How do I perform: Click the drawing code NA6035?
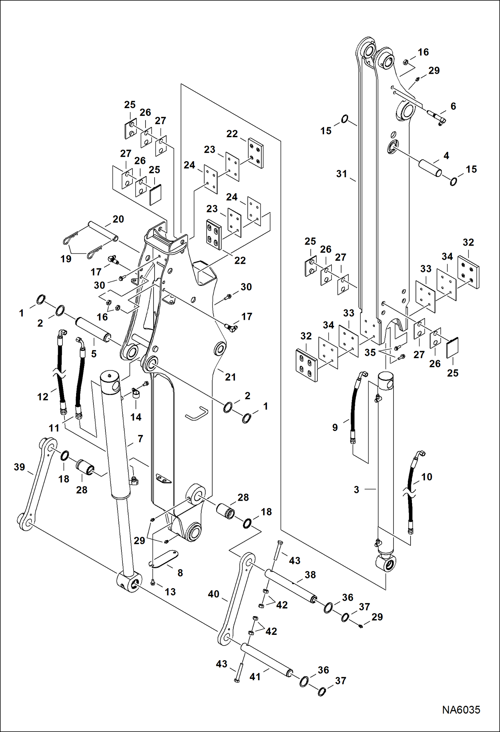(x=461, y=709)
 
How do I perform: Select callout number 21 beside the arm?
(x=230, y=377)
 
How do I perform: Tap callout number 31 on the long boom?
(x=341, y=174)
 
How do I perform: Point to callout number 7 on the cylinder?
(x=140, y=439)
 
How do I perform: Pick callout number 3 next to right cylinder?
(x=356, y=489)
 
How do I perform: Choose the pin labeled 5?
(x=92, y=330)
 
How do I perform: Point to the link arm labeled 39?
(x=37, y=484)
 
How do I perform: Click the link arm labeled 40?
(x=235, y=597)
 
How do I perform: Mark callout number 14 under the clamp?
(x=136, y=417)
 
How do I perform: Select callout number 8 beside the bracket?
(x=180, y=573)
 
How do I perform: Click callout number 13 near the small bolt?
(x=170, y=592)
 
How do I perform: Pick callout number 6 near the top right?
(x=453, y=106)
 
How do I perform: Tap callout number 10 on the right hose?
(x=427, y=477)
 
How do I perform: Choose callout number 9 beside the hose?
(x=335, y=427)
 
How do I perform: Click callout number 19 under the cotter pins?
(x=66, y=259)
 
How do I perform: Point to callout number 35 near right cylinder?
(x=370, y=352)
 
